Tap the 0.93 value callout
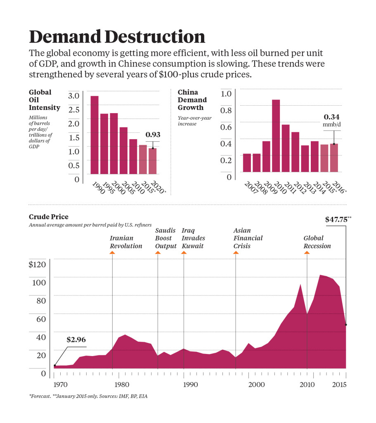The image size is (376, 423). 153,135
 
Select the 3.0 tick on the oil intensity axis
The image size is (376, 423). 74,96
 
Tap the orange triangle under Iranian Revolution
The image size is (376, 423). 112,253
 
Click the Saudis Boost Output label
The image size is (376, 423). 166,238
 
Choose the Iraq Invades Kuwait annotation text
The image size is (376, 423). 193,238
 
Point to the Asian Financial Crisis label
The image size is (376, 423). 248,238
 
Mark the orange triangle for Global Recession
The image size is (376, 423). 307,253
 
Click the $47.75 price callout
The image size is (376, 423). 336,220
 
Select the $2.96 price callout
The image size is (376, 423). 76,340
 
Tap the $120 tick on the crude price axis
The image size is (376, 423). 39,264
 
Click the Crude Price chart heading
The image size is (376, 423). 49,217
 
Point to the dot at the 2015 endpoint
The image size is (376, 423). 346,325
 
